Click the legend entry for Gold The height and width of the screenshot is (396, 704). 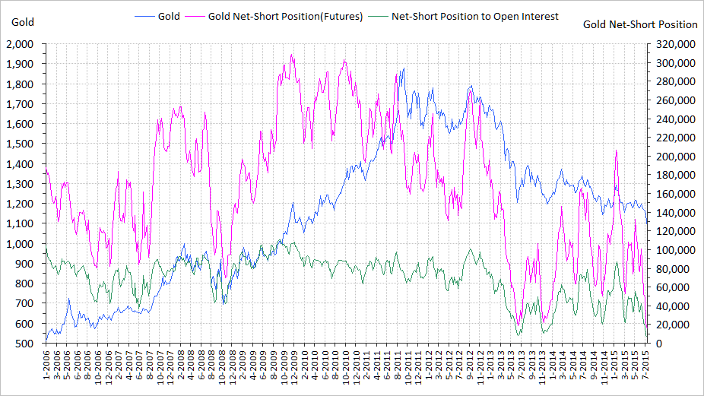168,16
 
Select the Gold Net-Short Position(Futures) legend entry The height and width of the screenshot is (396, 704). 285,16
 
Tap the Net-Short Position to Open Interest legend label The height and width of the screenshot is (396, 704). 475,16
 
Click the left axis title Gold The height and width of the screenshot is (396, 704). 23,21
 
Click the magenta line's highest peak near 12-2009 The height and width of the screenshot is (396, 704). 292,55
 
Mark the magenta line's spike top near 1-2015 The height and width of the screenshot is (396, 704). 616,150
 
